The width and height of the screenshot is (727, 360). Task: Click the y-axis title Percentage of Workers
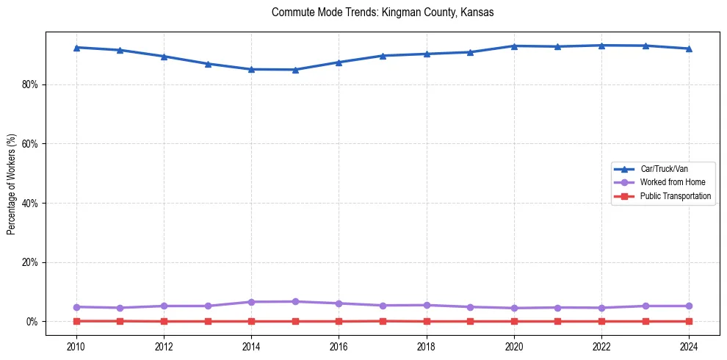coord(11,184)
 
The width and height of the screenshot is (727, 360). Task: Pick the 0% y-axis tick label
coord(32,322)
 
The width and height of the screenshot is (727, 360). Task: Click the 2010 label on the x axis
coord(76,345)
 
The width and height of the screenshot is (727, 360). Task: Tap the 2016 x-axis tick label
coord(339,345)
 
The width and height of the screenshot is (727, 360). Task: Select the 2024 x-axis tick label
coord(689,345)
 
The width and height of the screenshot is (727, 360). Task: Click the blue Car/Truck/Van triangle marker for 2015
coord(295,70)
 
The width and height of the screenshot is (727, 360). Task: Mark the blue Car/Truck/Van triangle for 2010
coord(76,47)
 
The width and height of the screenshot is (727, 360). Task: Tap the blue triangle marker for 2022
coord(601,46)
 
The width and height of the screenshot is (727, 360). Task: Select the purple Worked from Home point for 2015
coord(295,301)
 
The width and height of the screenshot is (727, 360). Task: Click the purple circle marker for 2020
coord(514,308)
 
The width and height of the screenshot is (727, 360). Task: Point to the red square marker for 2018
coord(427,321)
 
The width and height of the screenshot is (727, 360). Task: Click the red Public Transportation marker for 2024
coord(689,321)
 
